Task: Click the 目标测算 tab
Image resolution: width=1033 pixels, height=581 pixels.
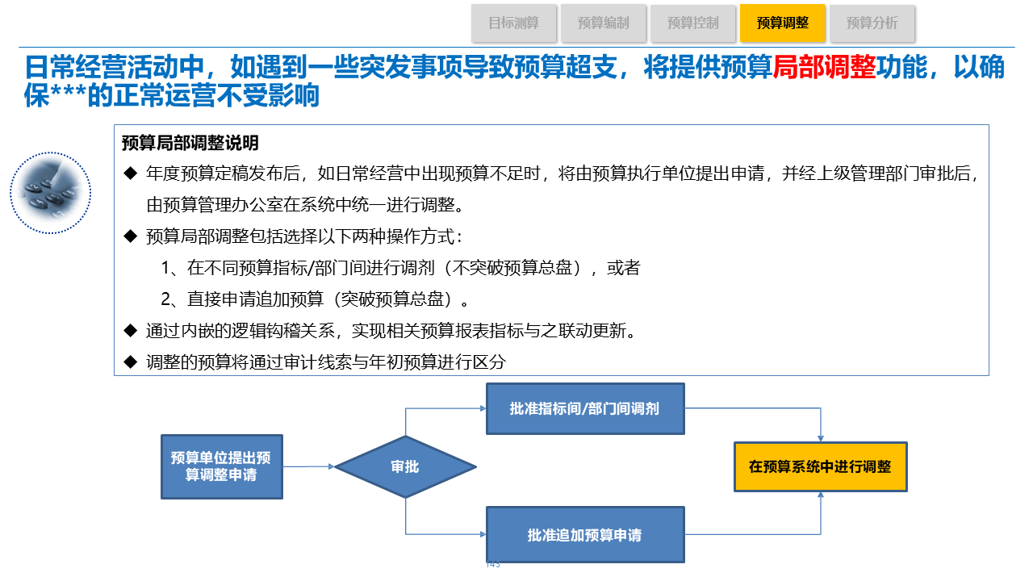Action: (x=514, y=23)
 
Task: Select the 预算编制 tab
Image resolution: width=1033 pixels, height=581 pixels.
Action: (x=604, y=23)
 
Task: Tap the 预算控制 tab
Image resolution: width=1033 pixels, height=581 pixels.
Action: (x=693, y=23)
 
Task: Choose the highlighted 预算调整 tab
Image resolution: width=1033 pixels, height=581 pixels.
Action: (x=782, y=23)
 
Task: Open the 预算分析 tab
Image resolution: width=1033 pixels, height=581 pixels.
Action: (x=872, y=23)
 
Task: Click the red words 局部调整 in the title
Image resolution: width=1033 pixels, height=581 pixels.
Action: (x=824, y=68)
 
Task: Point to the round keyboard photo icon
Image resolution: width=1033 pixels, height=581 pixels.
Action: (x=50, y=193)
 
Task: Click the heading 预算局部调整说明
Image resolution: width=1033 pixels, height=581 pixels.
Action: (x=190, y=144)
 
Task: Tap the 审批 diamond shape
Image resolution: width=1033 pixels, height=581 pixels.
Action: (x=405, y=466)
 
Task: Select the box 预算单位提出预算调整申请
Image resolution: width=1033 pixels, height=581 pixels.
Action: (x=221, y=466)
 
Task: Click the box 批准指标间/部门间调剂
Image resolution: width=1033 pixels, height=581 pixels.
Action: (x=584, y=408)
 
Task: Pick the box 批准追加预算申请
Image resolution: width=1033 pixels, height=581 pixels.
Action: (x=584, y=535)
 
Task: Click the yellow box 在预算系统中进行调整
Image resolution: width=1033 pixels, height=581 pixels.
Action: (x=820, y=466)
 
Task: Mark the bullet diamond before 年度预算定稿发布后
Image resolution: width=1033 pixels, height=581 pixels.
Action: (x=130, y=173)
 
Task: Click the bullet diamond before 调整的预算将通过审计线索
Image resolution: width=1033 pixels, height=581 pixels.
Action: (x=130, y=362)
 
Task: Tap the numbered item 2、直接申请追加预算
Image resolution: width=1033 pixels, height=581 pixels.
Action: (x=315, y=299)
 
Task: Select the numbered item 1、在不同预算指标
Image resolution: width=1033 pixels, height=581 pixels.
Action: (x=400, y=268)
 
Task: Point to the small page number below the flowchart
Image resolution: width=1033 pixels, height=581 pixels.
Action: (x=493, y=564)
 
